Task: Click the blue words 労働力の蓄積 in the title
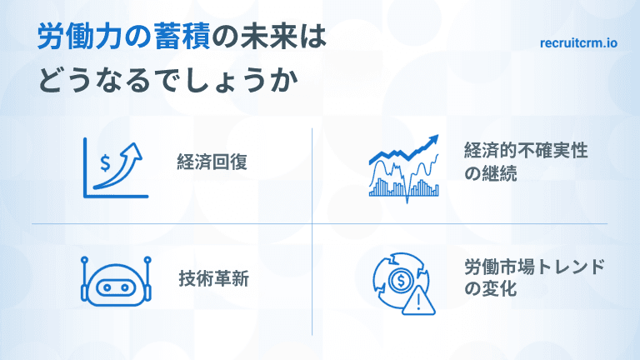coord(124,39)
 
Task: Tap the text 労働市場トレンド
coord(534,268)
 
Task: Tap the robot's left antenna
coord(85,267)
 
